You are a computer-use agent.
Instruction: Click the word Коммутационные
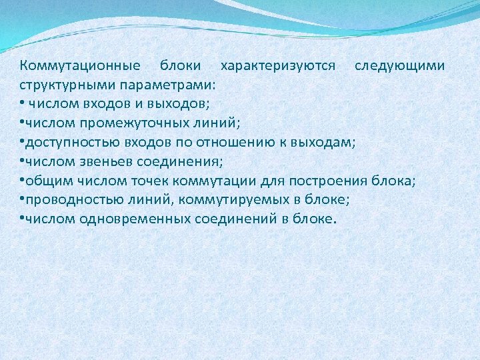pos(80,67)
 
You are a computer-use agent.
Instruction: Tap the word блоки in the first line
pos(180,67)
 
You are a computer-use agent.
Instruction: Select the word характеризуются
pos(279,67)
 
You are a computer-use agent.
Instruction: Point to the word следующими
pos(399,67)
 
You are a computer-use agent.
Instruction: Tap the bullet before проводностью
pos(22,198)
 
